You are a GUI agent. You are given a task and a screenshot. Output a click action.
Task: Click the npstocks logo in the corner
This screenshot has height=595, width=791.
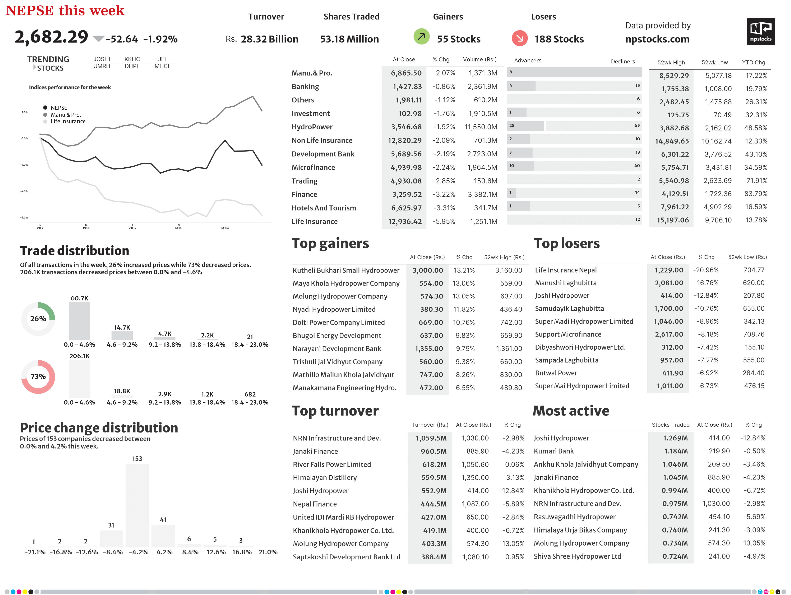(x=760, y=32)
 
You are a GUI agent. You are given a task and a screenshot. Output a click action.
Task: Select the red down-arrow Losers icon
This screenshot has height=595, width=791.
(x=520, y=38)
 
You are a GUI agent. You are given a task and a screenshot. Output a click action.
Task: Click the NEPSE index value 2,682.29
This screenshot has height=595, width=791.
(x=51, y=37)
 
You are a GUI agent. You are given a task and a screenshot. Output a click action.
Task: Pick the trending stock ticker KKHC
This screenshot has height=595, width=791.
(x=132, y=59)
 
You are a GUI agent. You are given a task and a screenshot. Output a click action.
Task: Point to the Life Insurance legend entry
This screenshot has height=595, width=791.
(x=68, y=121)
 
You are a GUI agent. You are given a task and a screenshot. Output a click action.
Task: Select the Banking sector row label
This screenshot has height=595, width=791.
(x=305, y=86)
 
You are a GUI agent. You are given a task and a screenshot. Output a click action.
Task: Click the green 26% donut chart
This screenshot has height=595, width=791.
(x=38, y=318)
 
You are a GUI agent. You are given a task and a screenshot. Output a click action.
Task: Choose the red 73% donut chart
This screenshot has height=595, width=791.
(x=38, y=376)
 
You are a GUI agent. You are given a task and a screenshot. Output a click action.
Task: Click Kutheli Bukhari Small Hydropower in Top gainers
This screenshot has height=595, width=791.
(x=346, y=270)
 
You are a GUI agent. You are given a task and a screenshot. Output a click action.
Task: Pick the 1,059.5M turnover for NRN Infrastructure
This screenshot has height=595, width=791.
(x=431, y=438)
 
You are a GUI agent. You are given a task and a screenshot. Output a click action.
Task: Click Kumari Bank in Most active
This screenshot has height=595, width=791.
(x=554, y=451)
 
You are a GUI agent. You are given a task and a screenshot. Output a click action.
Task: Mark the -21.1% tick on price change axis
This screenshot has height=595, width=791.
(x=35, y=552)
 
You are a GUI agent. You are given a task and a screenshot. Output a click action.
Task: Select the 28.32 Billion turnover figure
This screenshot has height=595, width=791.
(x=269, y=39)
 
